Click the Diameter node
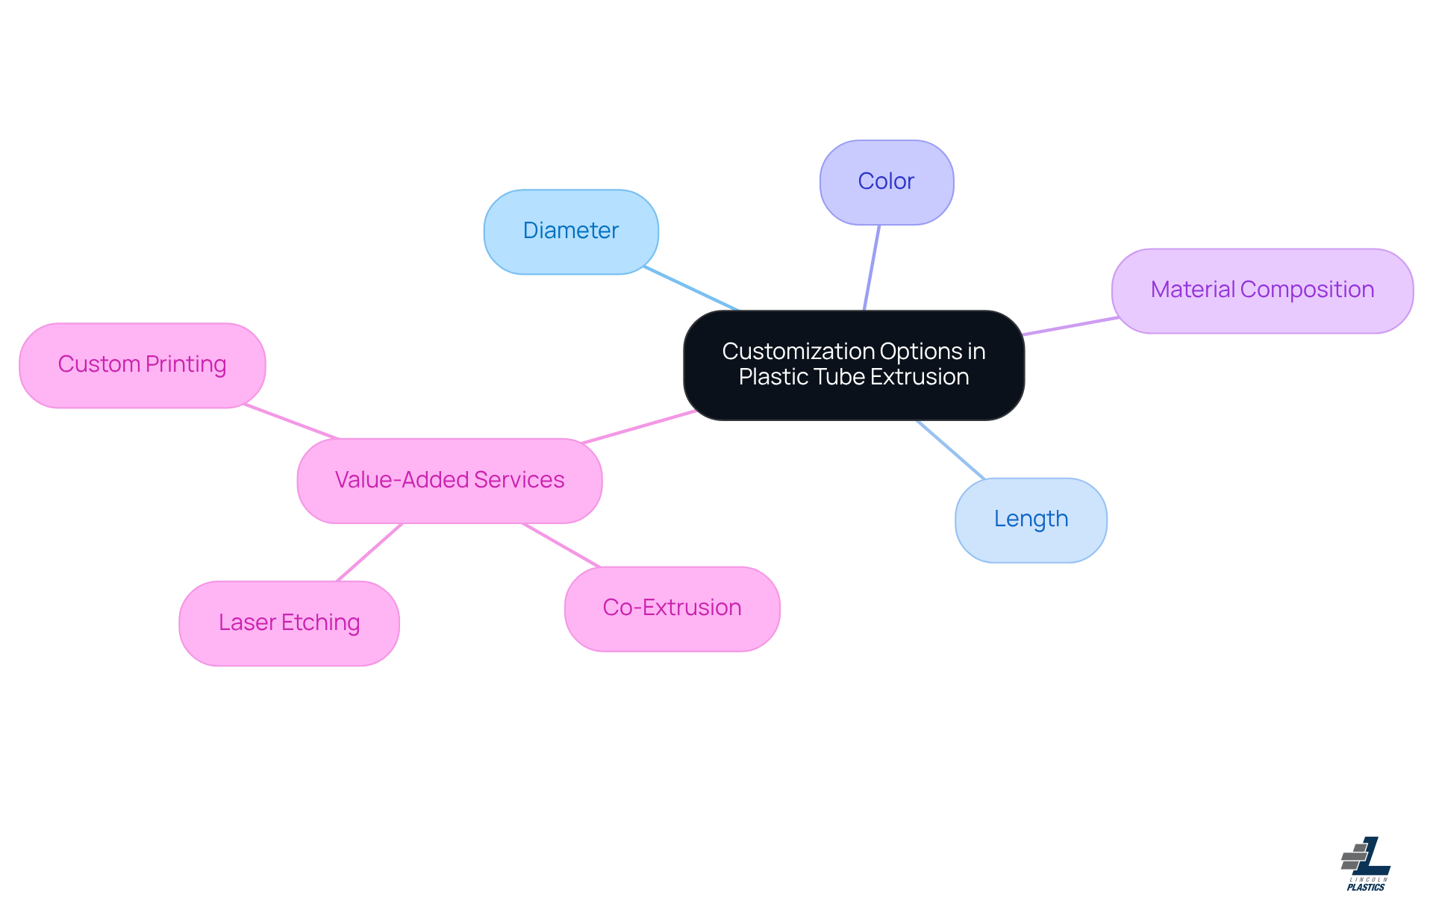point(571,231)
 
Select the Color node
point(886,182)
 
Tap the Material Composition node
point(1261,290)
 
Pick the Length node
point(1031,520)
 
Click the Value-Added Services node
point(449,480)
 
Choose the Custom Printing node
point(142,365)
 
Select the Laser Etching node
point(289,623)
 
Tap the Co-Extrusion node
point(672,608)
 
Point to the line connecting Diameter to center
point(691,288)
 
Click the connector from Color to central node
point(872,267)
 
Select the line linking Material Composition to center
point(1070,326)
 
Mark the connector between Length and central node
point(951,449)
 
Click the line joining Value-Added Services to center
point(639,427)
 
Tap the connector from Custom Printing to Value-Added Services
point(292,422)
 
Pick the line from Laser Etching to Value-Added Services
point(369,552)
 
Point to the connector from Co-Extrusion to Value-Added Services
point(561,545)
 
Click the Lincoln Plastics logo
point(1366,864)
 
